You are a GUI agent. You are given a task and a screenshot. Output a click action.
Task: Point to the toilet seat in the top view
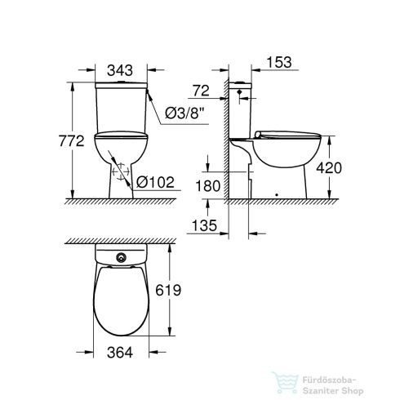pos(122,298)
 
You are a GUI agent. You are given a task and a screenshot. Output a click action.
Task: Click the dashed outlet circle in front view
pos(118,172)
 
